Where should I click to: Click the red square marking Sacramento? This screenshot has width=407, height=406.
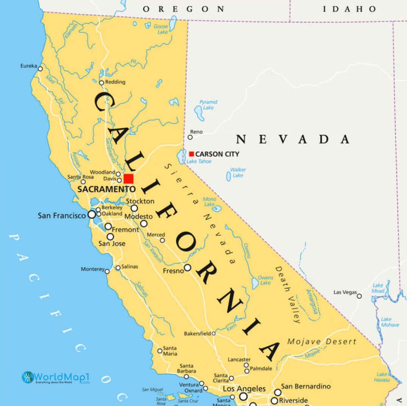(x=128, y=179)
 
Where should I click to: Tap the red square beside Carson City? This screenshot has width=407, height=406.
(x=192, y=154)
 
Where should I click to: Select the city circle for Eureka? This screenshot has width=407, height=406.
(x=40, y=69)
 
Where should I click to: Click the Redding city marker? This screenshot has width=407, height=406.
(x=101, y=82)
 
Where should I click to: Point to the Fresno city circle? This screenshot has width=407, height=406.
(x=187, y=268)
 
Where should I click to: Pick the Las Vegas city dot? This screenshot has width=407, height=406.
(x=359, y=296)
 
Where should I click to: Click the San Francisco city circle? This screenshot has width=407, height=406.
(x=92, y=215)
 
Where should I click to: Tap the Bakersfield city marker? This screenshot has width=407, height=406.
(x=214, y=333)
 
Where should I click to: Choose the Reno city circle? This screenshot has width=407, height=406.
(x=190, y=137)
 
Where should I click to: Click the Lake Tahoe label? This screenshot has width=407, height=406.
(x=199, y=162)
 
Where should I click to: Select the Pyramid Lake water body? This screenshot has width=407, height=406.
(x=199, y=112)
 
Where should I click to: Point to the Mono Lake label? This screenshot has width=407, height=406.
(x=209, y=202)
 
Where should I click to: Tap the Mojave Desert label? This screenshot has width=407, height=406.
(x=322, y=342)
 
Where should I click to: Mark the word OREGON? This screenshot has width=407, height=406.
(x=183, y=9)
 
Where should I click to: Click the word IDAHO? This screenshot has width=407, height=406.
(x=349, y=9)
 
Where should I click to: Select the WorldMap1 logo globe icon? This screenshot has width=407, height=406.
(x=28, y=377)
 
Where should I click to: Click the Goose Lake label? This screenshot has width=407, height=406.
(x=161, y=29)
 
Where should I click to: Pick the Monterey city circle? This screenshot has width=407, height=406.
(x=107, y=271)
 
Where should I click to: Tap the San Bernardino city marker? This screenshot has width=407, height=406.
(x=278, y=392)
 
